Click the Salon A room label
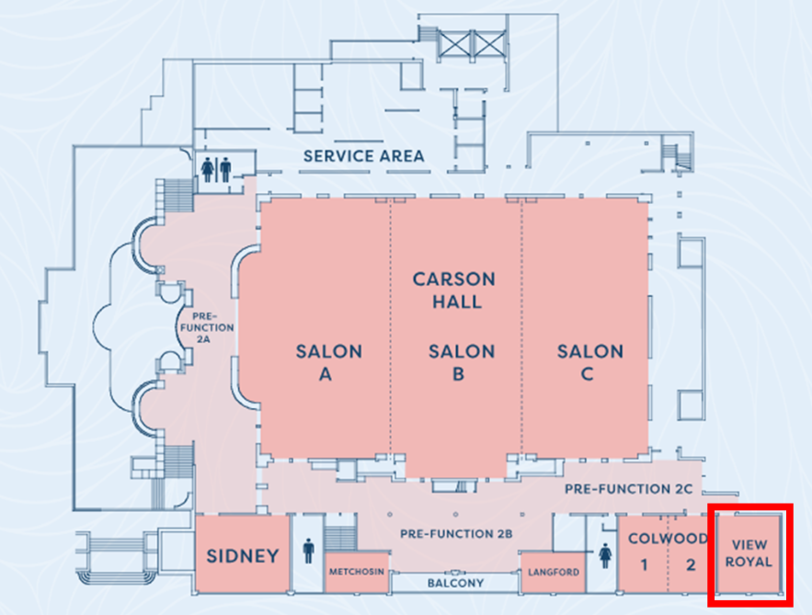coord(328,362)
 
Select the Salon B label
coord(461,362)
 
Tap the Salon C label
coord(589,362)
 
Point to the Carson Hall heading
coord(453,290)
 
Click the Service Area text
coord(364,156)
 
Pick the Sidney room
coord(242,555)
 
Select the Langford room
coord(555,573)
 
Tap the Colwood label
coord(668,538)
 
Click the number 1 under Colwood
coord(644,564)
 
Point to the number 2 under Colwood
coord(692,564)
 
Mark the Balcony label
coord(455,583)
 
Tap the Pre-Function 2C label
coord(634,489)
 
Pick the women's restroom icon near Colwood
coord(606,555)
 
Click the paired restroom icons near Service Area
coord(218,169)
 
